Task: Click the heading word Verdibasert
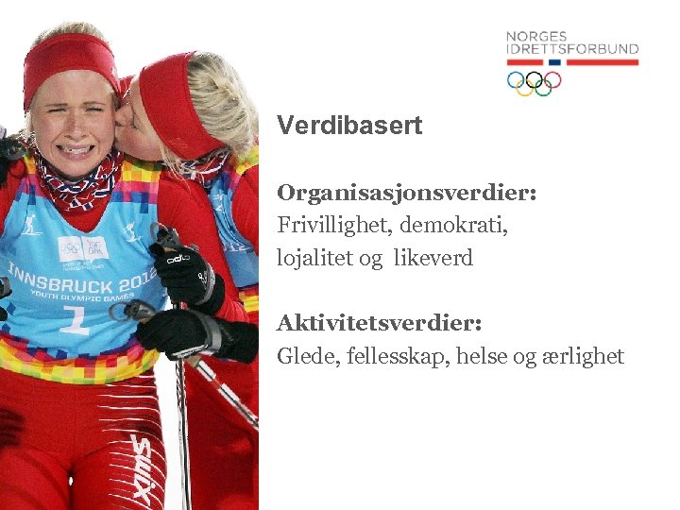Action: coord(348,126)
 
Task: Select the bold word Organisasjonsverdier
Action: coord(406,193)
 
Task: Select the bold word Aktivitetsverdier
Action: coord(379,324)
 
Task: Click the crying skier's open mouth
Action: coord(76,149)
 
